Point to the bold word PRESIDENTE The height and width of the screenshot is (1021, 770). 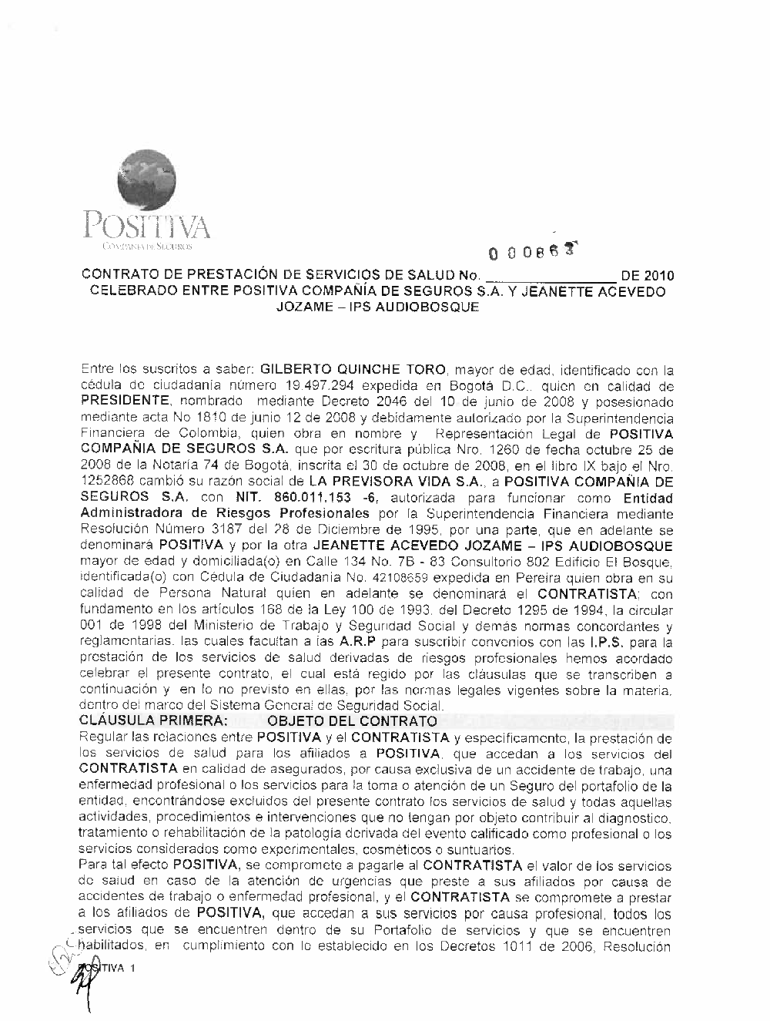click(125, 401)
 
